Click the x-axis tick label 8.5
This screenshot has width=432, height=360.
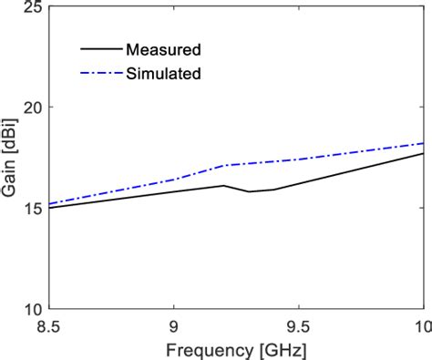[x=50, y=325]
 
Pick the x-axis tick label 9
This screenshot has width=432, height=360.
[x=174, y=325]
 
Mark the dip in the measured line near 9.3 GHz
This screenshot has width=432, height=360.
[x=249, y=191]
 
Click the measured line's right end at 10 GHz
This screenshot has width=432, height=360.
[x=423, y=153]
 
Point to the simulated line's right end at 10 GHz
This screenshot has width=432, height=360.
[x=423, y=143]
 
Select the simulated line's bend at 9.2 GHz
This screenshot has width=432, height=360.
[x=224, y=165]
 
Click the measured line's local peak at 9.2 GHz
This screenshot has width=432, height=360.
[x=224, y=185]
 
